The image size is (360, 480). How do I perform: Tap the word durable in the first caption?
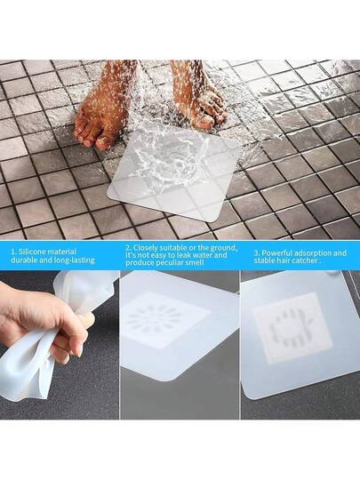tap(22, 260)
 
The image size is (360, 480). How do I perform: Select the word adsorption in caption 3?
tap(311, 253)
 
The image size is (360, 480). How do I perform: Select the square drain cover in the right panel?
tap(292, 328)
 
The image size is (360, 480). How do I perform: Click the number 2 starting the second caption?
tap(127, 248)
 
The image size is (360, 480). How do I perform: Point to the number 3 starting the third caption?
tap(256, 253)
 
